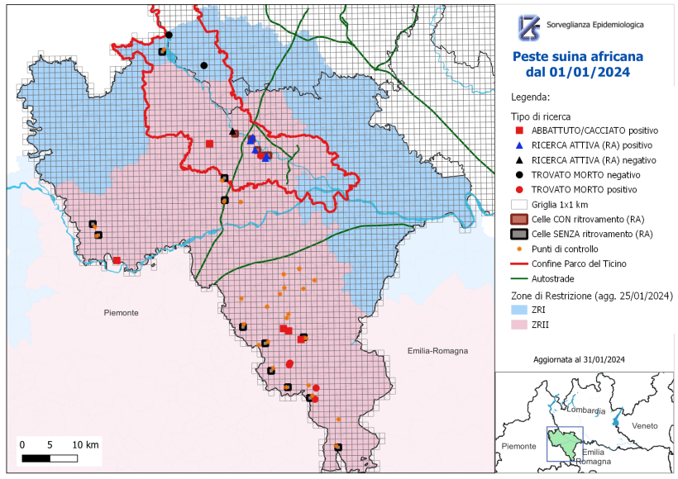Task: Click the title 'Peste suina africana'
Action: pyautogui.click(x=578, y=57)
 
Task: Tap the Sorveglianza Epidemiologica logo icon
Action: pyautogui.click(x=528, y=26)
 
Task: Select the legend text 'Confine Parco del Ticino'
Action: pyautogui.click(x=579, y=263)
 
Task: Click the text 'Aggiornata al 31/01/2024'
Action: pyautogui.click(x=579, y=359)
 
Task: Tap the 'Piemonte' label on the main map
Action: pyautogui.click(x=122, y=312)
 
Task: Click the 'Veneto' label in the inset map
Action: pyautogui.click(x=644, y=425)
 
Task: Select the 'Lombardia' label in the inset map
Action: pyautogui.click(x=586, y=410)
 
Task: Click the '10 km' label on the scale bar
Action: pyautogui.click(x=86, y=444)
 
